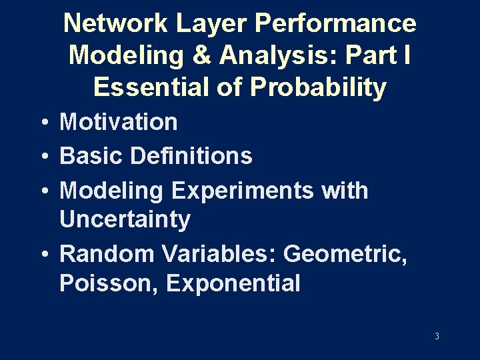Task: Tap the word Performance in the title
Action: [x=337, y=23]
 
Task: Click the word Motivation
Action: [x=119, y=122]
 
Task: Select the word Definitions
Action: [x=191, y=156]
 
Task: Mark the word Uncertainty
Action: [x=125, y=219]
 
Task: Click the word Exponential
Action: [x=233, y=283]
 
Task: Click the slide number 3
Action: [x=437, y=336]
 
